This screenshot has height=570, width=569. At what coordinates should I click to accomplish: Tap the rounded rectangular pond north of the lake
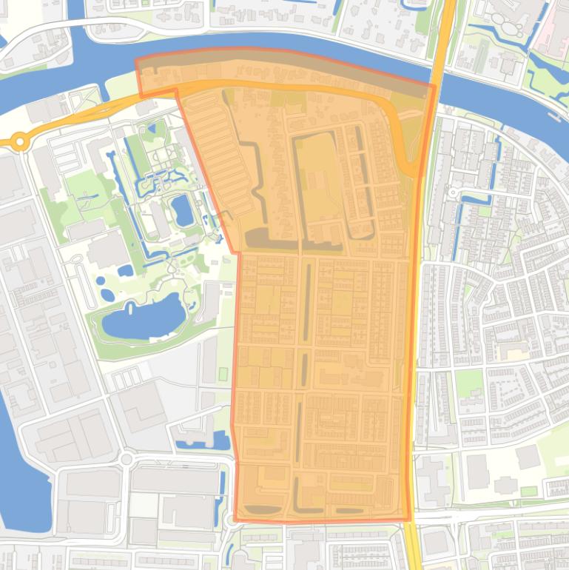pyautogui.click(x=182, y=210)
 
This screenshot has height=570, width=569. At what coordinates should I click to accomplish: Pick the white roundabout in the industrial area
pyautogui.click(x=127, y=459)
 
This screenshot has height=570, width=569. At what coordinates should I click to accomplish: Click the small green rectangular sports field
pyautogui.click(x=223, y=375)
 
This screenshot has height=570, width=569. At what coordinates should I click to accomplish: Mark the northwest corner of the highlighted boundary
pyautogui.click(x=136, y=61)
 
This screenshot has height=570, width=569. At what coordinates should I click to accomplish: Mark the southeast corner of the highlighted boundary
pyautogui.click(x=410, y=519)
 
